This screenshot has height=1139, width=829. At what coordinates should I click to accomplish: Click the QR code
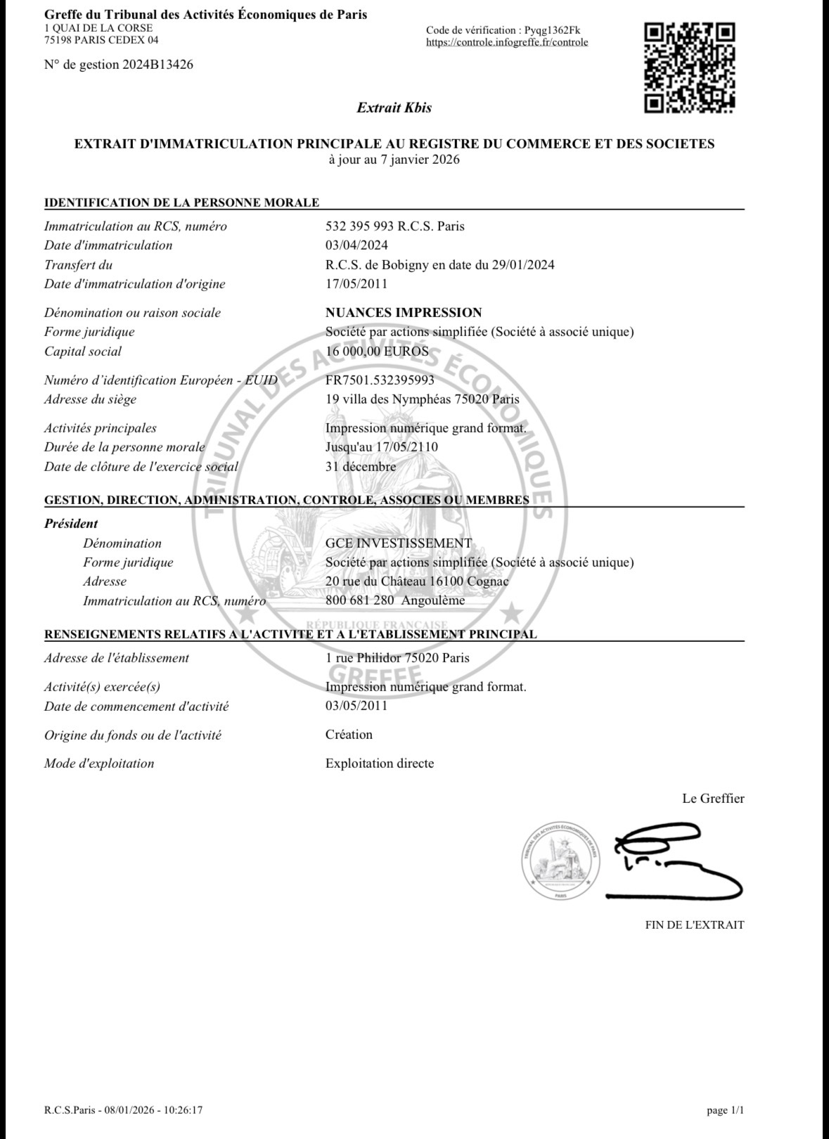690,67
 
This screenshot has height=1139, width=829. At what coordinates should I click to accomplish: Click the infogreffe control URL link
507,42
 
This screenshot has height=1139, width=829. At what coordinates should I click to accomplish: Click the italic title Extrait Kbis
394,108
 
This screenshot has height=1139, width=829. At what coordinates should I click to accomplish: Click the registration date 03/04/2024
356,245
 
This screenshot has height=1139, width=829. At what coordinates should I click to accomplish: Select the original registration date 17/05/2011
356,284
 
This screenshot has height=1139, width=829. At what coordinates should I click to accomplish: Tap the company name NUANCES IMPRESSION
404,313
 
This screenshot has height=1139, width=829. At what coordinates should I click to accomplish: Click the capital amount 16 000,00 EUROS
377,352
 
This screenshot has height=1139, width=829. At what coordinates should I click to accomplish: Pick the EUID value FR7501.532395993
380,380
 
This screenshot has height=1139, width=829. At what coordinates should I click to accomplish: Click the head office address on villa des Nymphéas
422,399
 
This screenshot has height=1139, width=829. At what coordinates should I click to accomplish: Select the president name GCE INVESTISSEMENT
399,543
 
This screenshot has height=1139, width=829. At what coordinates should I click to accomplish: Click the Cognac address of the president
417,581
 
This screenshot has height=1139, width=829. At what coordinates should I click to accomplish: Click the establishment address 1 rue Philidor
397,658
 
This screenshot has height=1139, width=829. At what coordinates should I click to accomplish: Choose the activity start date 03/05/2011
356,706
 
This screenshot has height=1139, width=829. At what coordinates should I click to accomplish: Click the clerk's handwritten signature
671,860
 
